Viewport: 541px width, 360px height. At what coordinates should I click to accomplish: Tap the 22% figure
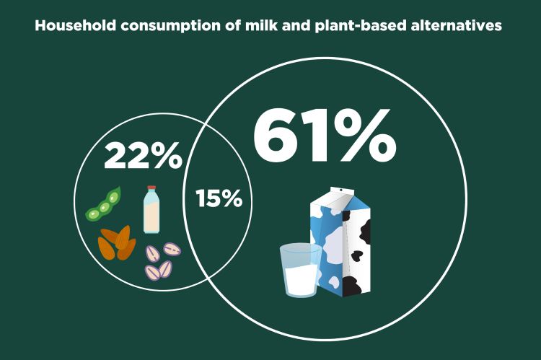(x=143, y=157)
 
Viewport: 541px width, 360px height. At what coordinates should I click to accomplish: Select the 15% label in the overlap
(x=219, y=198)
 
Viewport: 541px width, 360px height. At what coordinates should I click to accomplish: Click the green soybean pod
(x=104, y=204)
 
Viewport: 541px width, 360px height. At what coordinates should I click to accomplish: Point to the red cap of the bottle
(x=151, y=189)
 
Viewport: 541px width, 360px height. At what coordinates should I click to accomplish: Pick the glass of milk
(x=301, y=270)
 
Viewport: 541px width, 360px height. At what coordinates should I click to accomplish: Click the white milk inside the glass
(x=301, y=278)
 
